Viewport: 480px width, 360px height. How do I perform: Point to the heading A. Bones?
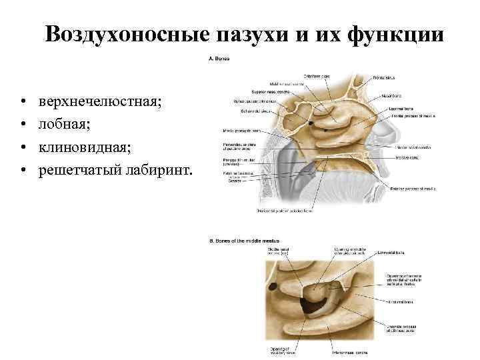tap(220, 58)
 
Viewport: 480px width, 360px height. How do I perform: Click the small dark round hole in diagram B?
tap(273, 288)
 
